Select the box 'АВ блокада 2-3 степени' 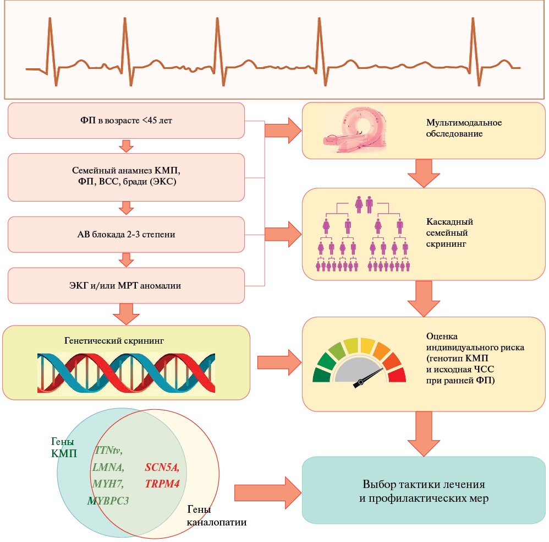tap(126, 234)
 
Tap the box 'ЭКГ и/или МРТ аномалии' tap(126, 285)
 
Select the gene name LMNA tap(108, 468)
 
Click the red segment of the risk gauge tap(397, 375)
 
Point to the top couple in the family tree tap(364, 205)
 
